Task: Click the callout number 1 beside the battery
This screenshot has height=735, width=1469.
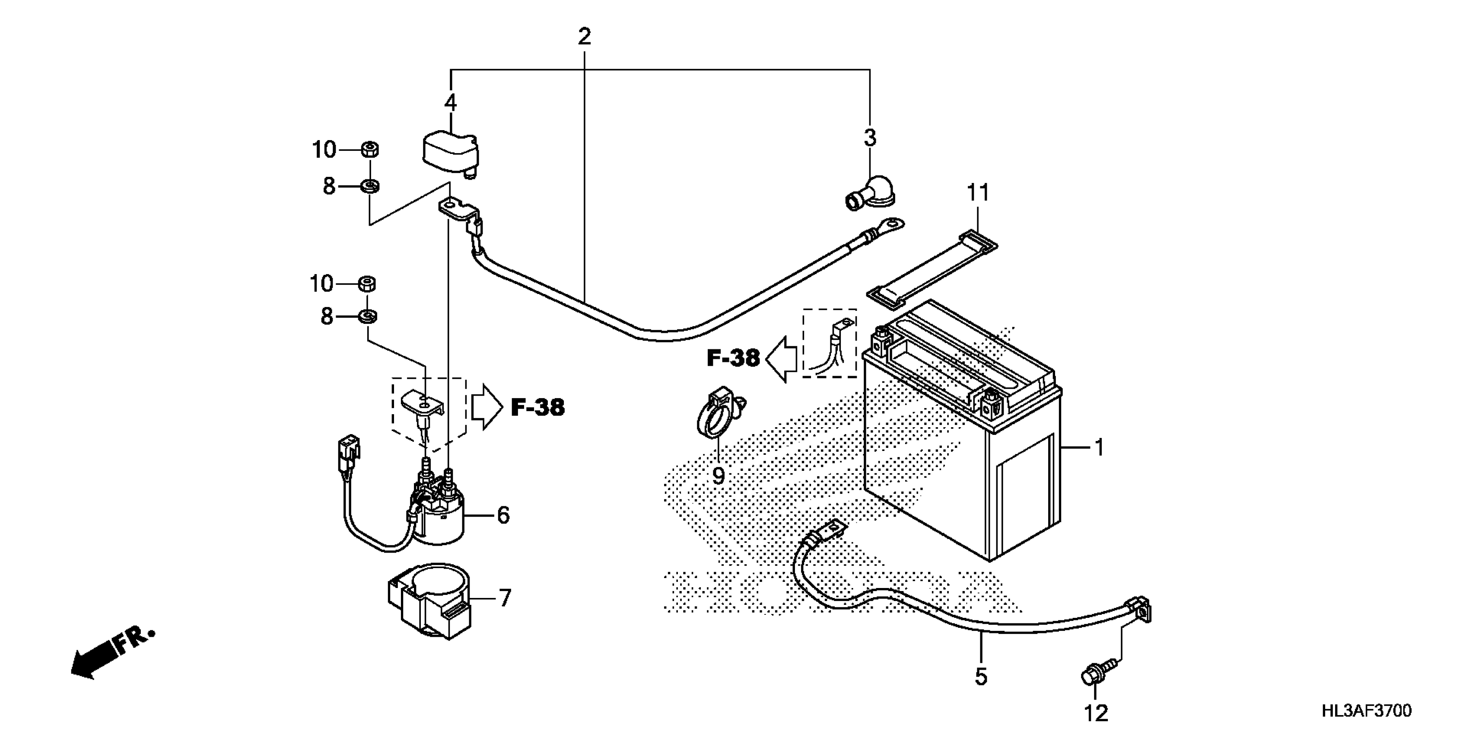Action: pyautogui.click(x=1099, y=447)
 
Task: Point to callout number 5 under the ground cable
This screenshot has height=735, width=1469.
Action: pyautogui.click(x=980, y=677)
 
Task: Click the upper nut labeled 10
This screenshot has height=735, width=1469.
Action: pyautogui.click(x=369, y=150)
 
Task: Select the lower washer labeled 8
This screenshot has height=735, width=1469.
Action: pyautogui.click(x=367, y=316)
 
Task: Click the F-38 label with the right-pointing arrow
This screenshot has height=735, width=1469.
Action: pyautogui.click(x=537, y=407)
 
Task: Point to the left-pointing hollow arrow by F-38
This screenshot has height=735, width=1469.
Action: pyautogui.click(x=781, y=358)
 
